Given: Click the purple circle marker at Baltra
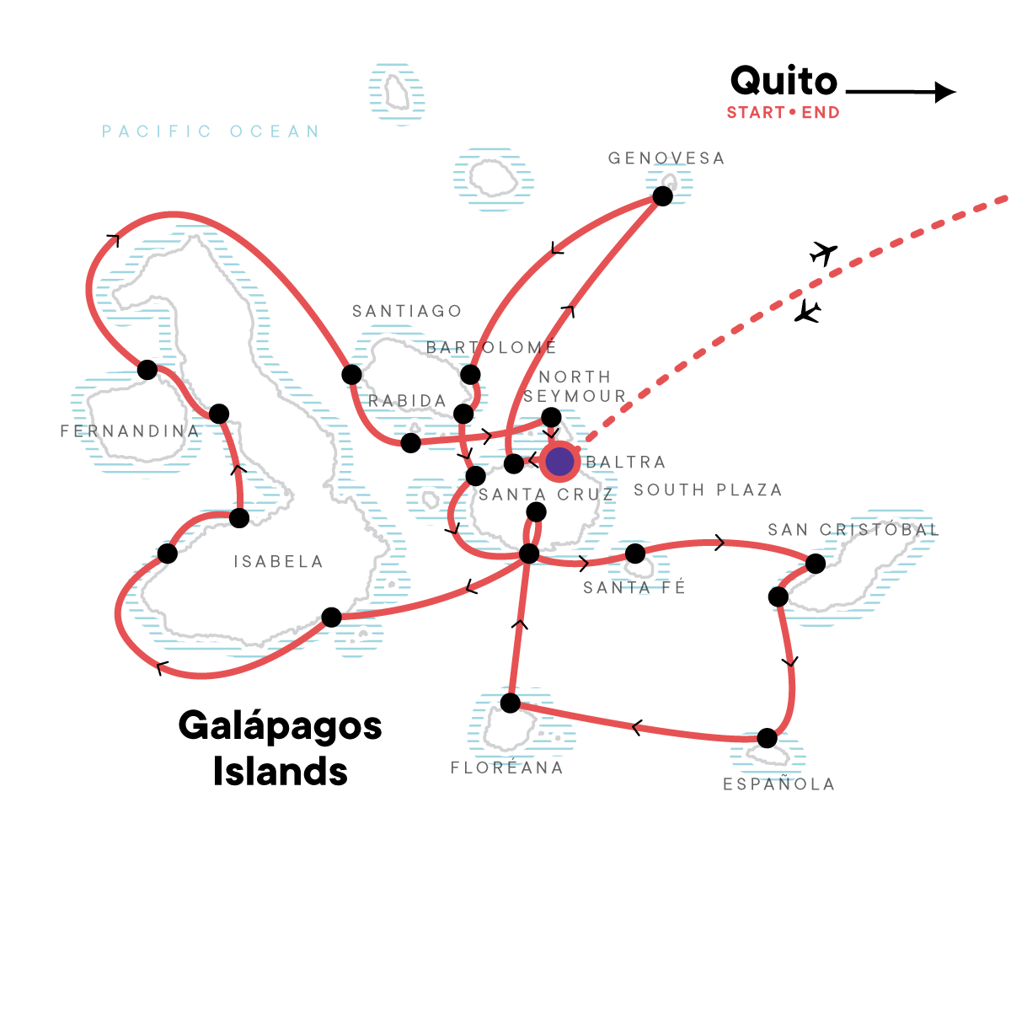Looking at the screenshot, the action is click(x=559, y=462).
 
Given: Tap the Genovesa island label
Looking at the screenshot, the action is click(x=666, y=158).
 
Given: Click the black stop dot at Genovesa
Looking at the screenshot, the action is click(x=663, y=196).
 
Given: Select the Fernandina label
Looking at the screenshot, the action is click(x=130, y=431).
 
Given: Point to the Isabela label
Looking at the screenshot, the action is click(x=278, y=561).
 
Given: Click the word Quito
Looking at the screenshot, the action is click(x=784, y=82).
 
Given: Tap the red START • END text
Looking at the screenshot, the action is click(x=783, y=112).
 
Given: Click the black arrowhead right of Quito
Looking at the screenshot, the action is click(x=945, y=93).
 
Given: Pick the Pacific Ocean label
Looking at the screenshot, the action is click(x=211, y=131).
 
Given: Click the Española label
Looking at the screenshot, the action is click(x=778, y=784).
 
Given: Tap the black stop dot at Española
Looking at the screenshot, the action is click(x=767, y=738).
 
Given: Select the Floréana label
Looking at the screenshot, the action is click(x=507, y=768).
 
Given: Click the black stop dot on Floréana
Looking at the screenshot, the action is click(x=510, y=703).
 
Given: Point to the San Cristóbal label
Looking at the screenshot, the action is click(x=853, y=529).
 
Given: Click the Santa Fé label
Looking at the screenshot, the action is click(x=634, y=587).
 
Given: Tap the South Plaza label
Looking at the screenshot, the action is click(x=708, y=489).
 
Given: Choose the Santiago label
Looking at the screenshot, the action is click(x=407, y=311).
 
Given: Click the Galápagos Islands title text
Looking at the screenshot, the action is click(x=281, y=747).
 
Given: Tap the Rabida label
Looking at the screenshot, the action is click(x=407, y=401).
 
